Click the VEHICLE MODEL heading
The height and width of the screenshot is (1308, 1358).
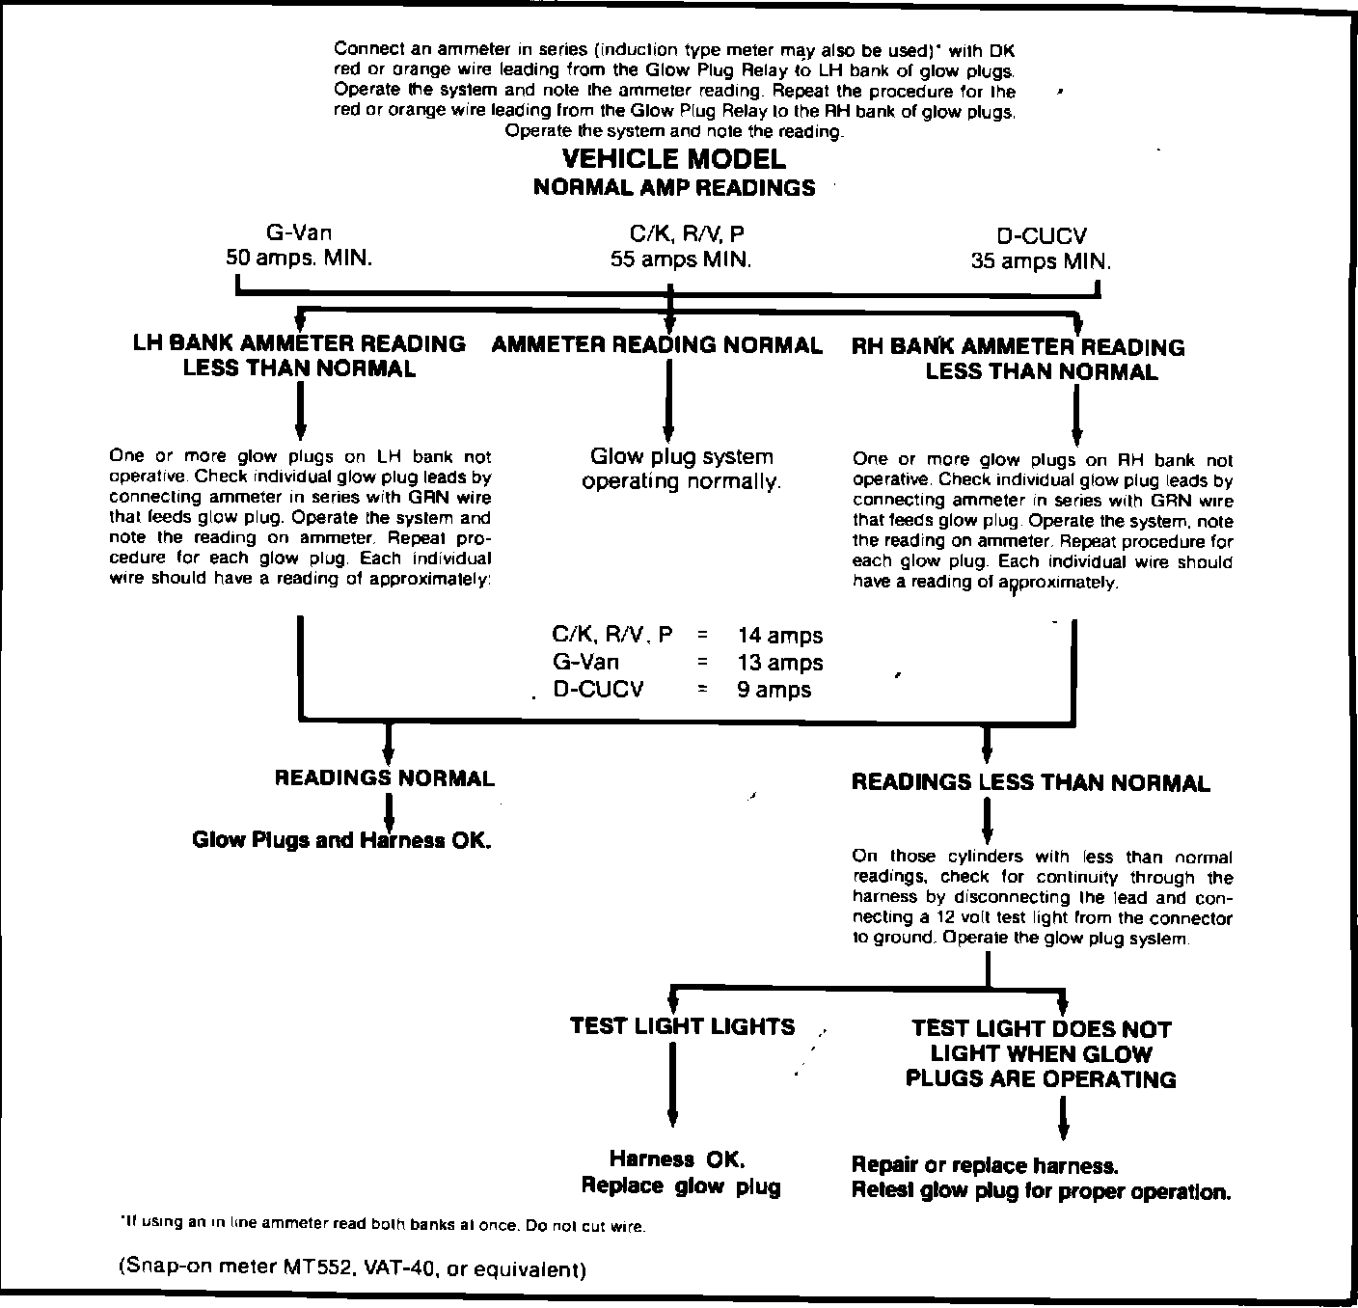pos(673,158)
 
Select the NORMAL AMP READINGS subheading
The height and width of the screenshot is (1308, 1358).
pos(673,187)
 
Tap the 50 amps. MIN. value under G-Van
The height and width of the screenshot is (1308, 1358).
pos(299,259)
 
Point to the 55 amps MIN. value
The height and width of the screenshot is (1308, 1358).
pos(680,259)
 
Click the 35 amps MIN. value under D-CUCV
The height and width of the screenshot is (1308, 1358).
pos(1041,260)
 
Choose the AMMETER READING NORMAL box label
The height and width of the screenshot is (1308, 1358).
pos(657,345)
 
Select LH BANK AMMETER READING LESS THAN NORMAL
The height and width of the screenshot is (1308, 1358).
pos(299,356)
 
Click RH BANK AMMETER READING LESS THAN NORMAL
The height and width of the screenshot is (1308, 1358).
pos(1018,359)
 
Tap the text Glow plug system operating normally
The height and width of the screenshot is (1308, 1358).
pos(681,469)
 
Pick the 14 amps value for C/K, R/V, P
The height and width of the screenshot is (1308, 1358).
pos(779,636)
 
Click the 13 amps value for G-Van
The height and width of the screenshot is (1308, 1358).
pos(779,663)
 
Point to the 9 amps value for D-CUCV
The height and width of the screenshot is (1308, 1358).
pos(774,690)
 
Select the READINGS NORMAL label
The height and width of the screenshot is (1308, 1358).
pos(385,778)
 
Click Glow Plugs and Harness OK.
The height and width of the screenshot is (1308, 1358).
pos(342,839)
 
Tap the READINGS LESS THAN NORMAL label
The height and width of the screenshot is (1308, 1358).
pos(1030,782)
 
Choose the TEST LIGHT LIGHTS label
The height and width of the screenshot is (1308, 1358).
pos(682,1026)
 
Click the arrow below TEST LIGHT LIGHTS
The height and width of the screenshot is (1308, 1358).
pos(671,1085)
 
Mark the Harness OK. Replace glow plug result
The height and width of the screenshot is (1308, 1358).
pos(680,1172)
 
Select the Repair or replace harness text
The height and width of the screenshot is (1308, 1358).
pos(985,1165)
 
